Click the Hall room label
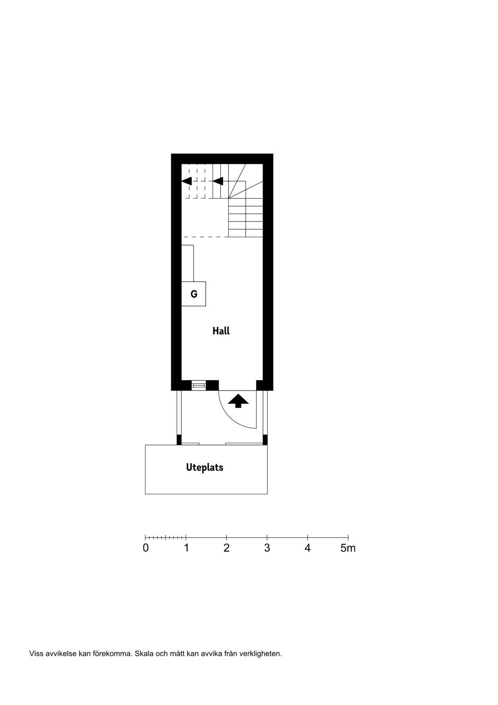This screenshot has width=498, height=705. point(221,331)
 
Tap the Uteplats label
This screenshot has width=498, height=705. point(204,467)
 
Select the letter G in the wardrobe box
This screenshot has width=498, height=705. point(194,294)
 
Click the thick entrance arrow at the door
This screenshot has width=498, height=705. point(238,400)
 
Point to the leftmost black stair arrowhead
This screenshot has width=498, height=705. point(187,181)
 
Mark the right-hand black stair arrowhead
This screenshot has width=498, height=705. point(218,181)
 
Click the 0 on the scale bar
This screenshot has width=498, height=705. point(146,548)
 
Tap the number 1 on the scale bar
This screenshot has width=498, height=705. point(186,548)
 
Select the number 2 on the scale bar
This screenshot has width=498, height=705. point(227,548)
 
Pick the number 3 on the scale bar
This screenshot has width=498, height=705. point(267,548)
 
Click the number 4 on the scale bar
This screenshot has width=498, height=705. point(308,548)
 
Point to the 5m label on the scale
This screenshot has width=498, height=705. point(348,548)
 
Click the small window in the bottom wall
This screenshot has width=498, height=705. point(198,385)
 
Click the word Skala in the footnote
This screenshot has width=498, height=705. point(144,654)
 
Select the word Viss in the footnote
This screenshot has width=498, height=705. point(36,654)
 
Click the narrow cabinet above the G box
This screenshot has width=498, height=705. point(188,263)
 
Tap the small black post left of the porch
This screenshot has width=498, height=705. point(179,439)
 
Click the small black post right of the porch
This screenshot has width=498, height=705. point(265,439)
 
